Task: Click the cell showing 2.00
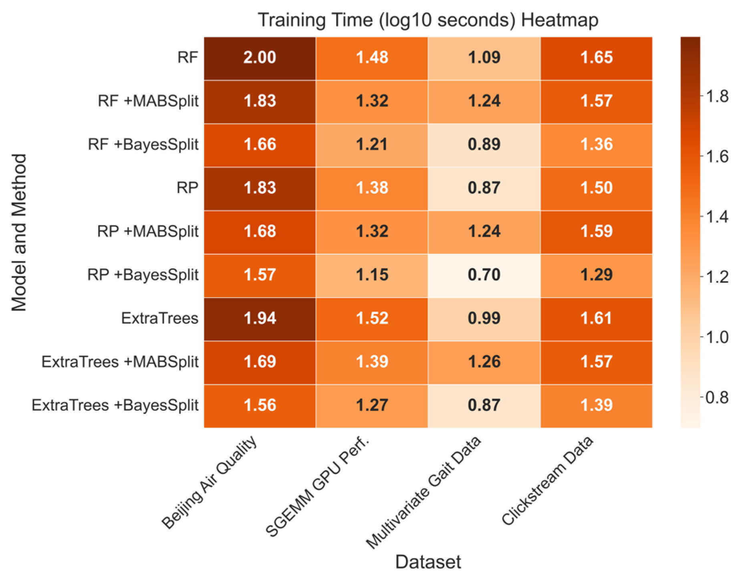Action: pyautogui.click(x=260, y=58)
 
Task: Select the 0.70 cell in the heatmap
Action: pyautogui.click(x=484, y=275)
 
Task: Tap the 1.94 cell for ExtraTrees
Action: pyautogui.click(x=260, y=319)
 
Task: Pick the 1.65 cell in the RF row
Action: pyautogui.click(x=596, y=58)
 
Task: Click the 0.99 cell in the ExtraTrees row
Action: pyautogui.click(x=484, y=319)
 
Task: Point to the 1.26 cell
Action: pyautogui.click(x=484, y=362)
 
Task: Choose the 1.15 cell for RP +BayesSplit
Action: pyautogui.click(x=372, y=275)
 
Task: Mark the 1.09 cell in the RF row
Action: pyautogui.click(x=484, y=58)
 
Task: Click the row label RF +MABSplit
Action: pyautogui.click(x=148, y=101)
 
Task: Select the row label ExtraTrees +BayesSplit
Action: pyautogui.click(x=115, y=405)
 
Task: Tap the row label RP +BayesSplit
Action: pyautogui.click(x=143, y=275)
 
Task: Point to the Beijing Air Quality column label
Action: pyautogui.click(x=209, y=482)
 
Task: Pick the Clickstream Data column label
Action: pyautogui.click(x=547, y=480)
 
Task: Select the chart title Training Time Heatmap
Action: pyautogui.click(x=428, y=20)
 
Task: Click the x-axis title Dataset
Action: pyautogui.click(x=428, y=562)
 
